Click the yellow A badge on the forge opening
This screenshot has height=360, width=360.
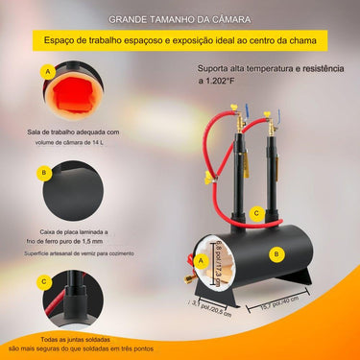click(199, 259)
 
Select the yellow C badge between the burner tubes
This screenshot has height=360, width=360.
click(255, 213)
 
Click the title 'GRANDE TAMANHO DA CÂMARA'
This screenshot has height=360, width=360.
click(180, 18)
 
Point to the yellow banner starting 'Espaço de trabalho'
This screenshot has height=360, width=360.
click(180, 40)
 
